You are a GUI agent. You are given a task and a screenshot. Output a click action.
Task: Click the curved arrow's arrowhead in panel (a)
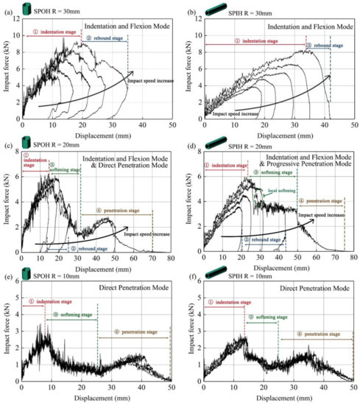pos(133,73)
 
